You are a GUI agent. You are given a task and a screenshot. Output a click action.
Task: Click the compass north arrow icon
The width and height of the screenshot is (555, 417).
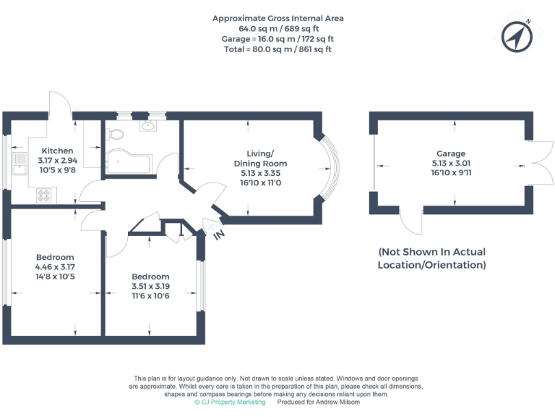[517, 36]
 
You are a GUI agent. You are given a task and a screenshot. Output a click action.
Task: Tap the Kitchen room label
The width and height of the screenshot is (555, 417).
[57, 151]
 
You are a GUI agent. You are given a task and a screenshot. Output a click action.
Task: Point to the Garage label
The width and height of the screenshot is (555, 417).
[450, 153]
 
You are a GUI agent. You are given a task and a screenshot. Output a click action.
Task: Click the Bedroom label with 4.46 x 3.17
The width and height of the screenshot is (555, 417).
[55, 257]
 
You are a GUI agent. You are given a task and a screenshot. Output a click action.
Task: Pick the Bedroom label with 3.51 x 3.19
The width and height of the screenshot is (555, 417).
[150, 277]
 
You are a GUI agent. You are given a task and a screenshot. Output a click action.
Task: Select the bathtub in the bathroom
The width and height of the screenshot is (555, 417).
[129, 164]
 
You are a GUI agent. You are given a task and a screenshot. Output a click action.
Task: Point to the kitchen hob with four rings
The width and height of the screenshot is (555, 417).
[44, 195]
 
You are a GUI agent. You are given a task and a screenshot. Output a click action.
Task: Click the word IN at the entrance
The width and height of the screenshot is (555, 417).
[218, 235]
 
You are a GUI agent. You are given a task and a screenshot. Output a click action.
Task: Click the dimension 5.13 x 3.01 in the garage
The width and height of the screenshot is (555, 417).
[450, 164]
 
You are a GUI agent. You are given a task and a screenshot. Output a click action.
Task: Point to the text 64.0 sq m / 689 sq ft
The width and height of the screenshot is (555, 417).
[277, 28]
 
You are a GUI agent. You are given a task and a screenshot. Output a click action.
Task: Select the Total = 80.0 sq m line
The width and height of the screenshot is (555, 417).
[277, 49]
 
